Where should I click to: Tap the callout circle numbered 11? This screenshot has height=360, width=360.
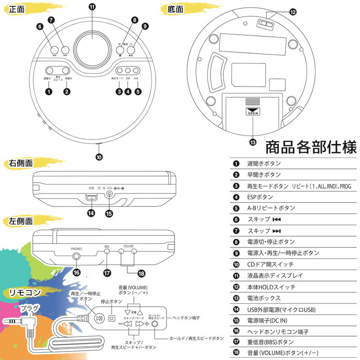pos(92,7)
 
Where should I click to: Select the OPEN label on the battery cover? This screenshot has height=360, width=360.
pos(252,112)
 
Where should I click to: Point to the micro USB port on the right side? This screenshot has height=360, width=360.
pos(91,197)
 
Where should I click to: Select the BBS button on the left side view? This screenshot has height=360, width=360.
pos(107,252)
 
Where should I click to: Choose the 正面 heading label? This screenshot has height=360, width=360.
pos(18,9)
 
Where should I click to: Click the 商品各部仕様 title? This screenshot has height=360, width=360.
pos(311,147)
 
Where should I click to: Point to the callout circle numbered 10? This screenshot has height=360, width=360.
pos(99,157)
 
